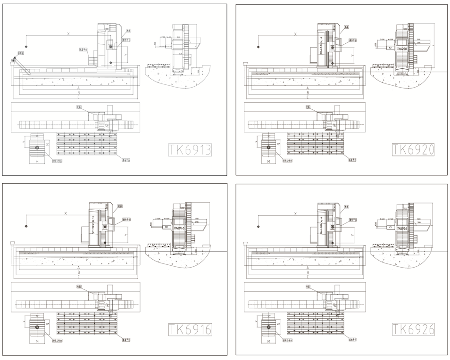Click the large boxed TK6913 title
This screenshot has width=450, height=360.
click(190, 150)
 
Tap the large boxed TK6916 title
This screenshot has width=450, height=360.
click(190, 329)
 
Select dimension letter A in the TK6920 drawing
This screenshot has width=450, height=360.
click(307, 88)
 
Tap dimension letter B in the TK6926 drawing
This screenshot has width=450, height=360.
click(307, 272)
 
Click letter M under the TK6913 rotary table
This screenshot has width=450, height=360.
click(37, 162)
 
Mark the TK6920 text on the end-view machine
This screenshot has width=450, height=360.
click(401, 49)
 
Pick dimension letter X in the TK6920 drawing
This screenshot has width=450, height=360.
click(296, 34)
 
